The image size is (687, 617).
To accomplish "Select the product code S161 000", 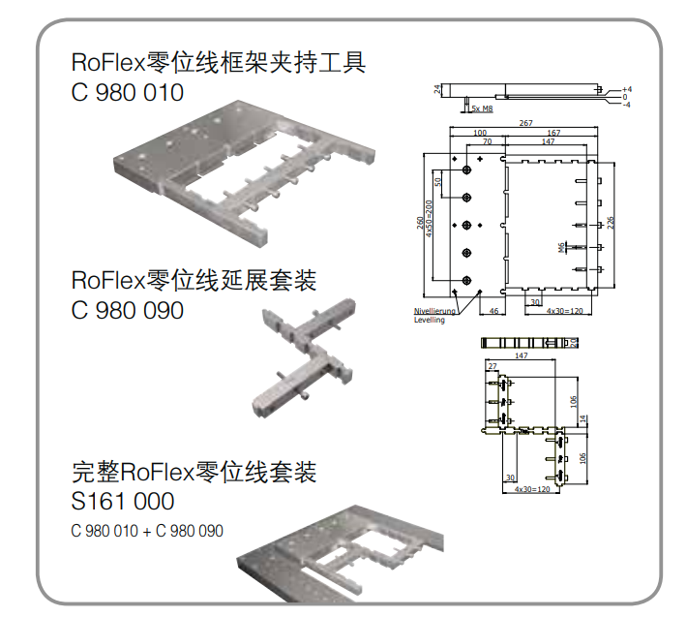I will (x=123, y=502).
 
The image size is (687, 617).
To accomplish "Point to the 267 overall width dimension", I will (x=525, y=124).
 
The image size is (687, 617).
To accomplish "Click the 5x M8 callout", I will (x=481, y=109).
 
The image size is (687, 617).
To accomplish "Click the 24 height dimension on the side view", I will (x=437, y=89).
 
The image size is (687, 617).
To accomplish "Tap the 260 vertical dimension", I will (x=421, y=225).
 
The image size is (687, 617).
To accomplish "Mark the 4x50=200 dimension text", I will (x=430, y=225).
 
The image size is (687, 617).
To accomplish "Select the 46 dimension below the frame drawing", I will (x=493, y=311).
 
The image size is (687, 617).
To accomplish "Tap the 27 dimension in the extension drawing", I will (x=493, y=366).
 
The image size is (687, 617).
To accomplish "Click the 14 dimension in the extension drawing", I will (x=583, y=418).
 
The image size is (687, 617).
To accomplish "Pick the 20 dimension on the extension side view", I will (x=574, y=343).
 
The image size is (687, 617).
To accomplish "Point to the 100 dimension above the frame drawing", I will (x=479, y=133).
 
